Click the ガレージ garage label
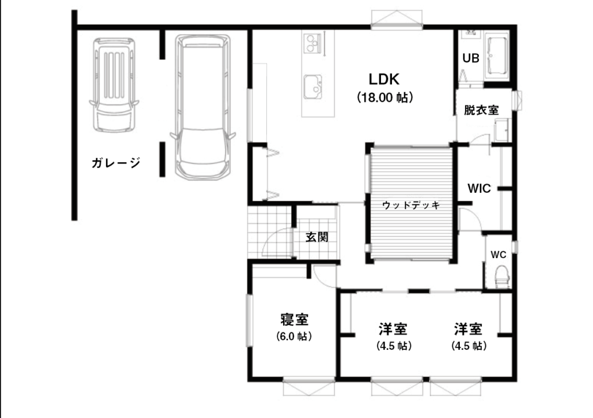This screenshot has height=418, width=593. pos(116,163)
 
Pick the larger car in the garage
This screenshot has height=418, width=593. pos(202,106)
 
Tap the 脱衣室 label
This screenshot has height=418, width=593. pos(481,110)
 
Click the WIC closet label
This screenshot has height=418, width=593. pos(479,188)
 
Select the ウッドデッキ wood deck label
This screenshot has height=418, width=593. pos(411,205)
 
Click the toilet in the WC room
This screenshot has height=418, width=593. pos(502,275)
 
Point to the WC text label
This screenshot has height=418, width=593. pos(499,254)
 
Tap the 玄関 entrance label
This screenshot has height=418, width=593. pos(317,237)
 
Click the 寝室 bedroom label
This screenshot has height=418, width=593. pos(294,319)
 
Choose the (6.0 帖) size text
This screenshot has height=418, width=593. pos(294,336)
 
